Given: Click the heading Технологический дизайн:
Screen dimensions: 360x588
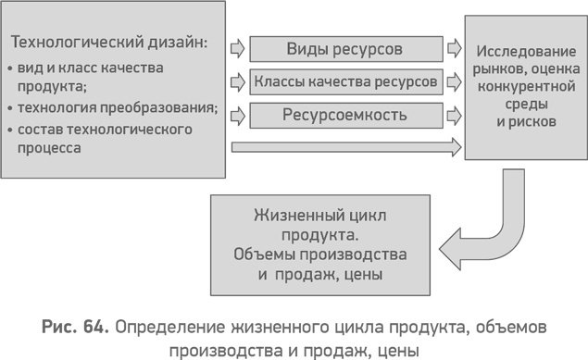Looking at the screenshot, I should click(x=108, y=43).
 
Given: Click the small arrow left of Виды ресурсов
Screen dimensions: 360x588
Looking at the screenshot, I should click(x=237, y=47).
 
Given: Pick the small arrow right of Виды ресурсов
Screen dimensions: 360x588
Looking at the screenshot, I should click(x=454, y=47).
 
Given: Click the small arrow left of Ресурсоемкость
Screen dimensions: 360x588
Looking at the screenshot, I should click(x=237, y=116).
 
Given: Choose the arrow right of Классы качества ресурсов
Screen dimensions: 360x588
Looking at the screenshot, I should click(x=454, y=81).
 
